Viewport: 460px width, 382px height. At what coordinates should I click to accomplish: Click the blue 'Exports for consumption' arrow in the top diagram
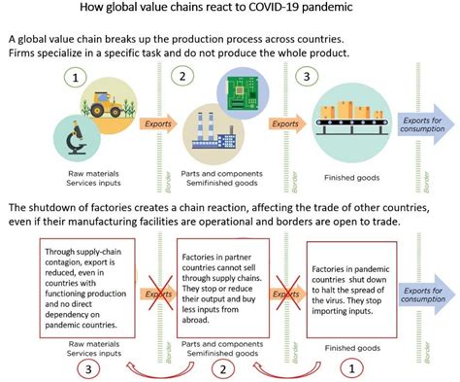point(425,125)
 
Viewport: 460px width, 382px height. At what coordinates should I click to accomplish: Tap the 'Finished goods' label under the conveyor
point(348,179)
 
